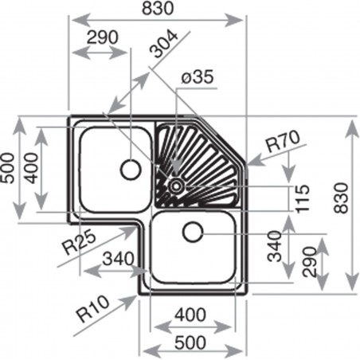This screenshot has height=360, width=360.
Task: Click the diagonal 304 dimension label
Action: tap(163, 45)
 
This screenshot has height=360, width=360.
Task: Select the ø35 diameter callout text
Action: tap(198, 77)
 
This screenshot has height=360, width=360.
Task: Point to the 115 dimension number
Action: tap(303, 198)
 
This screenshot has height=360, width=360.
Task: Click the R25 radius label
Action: tap(78, 241)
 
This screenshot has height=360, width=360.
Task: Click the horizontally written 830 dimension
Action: tap(158, 8)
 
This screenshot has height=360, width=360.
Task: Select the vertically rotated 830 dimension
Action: tap(341, 198)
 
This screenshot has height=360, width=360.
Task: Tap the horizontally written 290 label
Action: tap(103, 37)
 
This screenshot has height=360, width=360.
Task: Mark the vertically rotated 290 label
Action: tap(310, 262)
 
